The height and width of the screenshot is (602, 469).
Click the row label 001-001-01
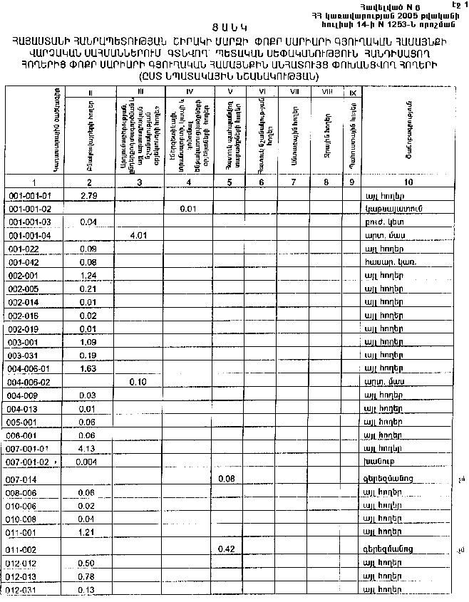(30, 194)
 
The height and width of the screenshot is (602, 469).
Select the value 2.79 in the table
(89, 194)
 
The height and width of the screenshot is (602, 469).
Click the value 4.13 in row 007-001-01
(86, 448)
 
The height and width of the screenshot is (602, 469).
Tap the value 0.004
(86, 462)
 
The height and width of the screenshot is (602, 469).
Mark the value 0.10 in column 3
(138, 381)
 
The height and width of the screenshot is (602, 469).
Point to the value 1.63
(88, 368)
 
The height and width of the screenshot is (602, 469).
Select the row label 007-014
(25, 479)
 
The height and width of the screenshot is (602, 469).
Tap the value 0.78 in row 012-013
(88, 576)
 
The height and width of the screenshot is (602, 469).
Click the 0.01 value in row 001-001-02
(188, 208)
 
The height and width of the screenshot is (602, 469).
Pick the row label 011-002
(25, 549)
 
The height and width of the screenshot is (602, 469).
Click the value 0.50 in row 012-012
(88, 564)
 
